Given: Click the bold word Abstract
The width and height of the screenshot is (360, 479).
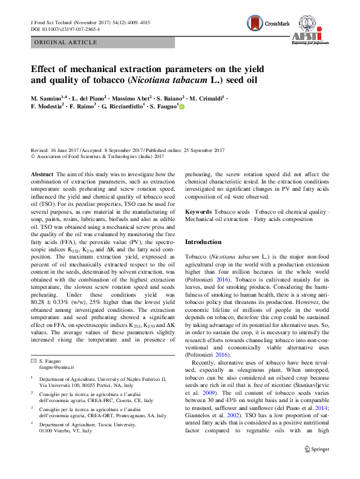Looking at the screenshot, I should coord(42,174).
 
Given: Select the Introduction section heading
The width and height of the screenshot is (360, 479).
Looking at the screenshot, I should coord(203,242).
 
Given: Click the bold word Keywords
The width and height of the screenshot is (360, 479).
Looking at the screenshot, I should coord(198,212).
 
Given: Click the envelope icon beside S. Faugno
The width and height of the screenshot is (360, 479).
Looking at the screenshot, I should coord(33,361).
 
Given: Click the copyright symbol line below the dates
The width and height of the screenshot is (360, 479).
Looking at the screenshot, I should coord(97,156).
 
